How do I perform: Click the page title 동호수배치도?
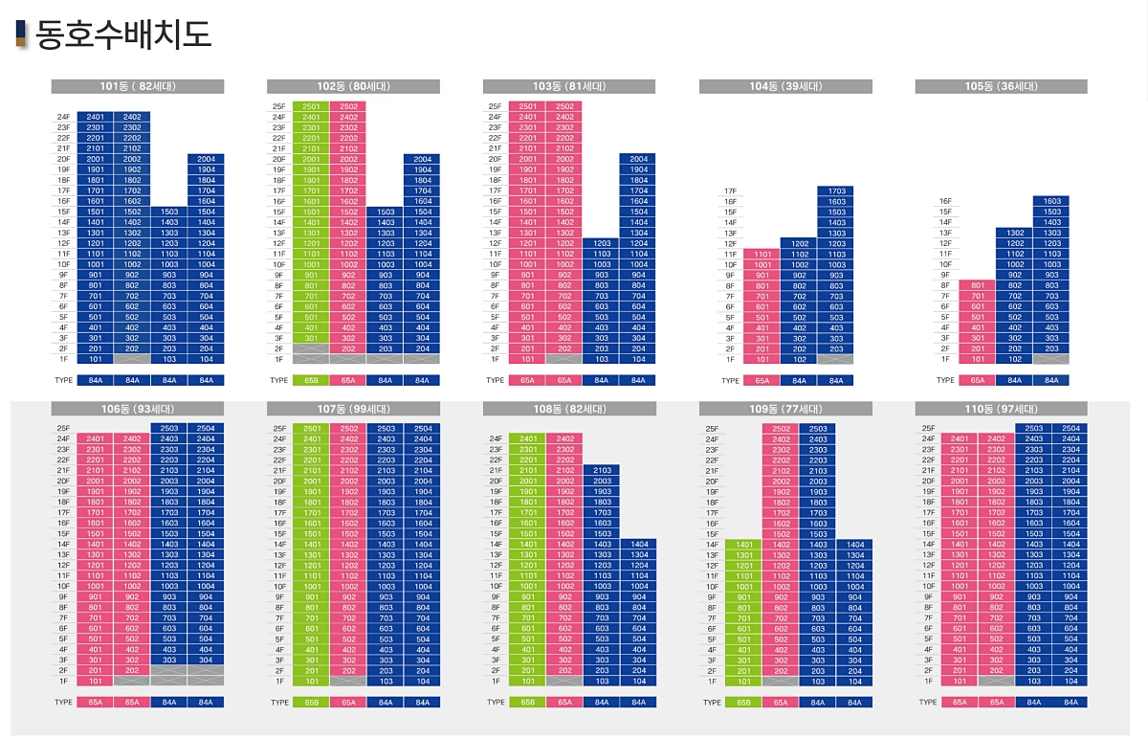pos(122,35)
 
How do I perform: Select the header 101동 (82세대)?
pos(138,86)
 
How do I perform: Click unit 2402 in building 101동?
pos(132,117)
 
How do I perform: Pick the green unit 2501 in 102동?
pos(311,106)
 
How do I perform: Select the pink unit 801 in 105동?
pos(977,285)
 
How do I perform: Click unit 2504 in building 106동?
pos(206,429)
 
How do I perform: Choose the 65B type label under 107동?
pos(311,703)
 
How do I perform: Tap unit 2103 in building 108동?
pos(602,471)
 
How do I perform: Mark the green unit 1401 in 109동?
pos(743,545)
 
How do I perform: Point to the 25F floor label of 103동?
pos(495,106)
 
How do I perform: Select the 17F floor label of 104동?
pos(730,191)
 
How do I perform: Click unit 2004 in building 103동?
pos(638,159)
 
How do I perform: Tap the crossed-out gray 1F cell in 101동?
pos(132,359)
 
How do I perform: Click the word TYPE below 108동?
pos(496,703)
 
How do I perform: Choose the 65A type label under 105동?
pos(977,380)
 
